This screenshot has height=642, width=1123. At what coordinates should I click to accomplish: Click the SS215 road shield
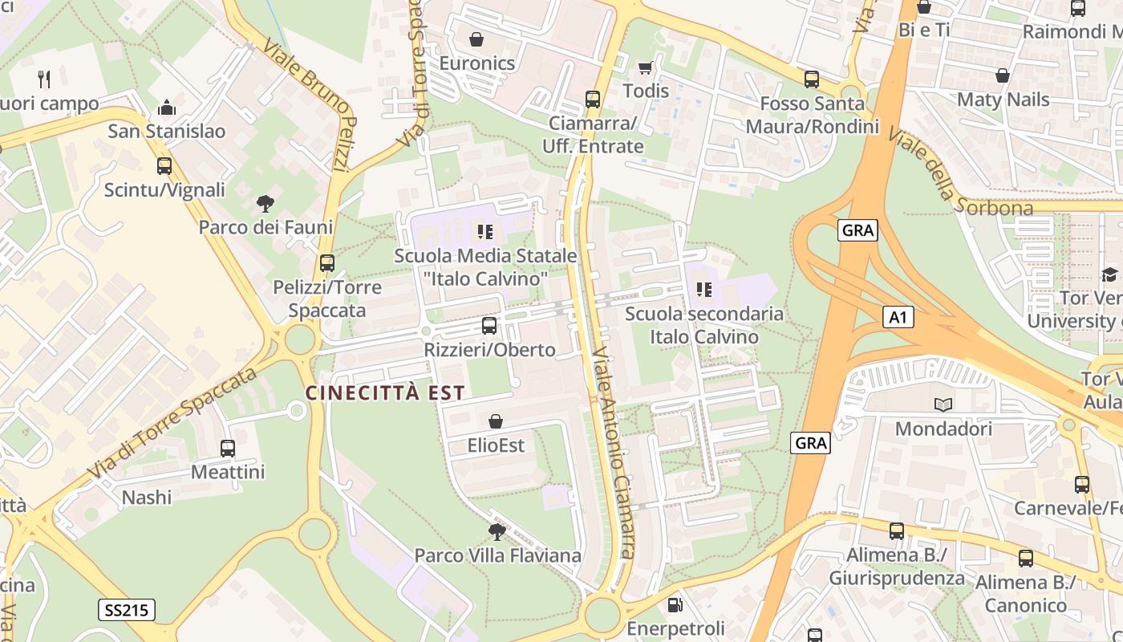[128, 610]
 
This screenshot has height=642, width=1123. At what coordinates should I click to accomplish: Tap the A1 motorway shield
[898, 317]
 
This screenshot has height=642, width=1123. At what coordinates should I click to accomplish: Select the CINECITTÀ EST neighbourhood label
[385, 392]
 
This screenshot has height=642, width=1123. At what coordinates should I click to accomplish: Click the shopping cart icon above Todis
[645, 68]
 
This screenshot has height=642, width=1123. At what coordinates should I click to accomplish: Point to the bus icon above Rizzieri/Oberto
[489, 326]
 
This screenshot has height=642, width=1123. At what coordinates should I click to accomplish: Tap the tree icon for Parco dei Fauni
[265, 204]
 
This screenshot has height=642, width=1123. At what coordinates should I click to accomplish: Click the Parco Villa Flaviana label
[497, 555]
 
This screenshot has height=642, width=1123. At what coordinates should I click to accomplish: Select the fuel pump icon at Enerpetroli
[675, 604]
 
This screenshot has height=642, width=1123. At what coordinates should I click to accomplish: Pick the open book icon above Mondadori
[943, 405]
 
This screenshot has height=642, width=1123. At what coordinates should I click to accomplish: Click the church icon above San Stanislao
[167, 108]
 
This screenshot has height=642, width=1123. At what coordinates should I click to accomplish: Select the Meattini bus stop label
[228, 472]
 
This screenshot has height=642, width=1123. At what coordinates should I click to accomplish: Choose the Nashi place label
[147, 498]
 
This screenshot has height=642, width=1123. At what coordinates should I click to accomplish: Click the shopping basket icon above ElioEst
[496, 421]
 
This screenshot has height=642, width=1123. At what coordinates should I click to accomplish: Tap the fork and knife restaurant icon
[44, 79]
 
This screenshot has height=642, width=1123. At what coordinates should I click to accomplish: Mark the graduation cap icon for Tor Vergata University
[1109, 275]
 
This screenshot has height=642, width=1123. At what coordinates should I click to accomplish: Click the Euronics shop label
[476, 63]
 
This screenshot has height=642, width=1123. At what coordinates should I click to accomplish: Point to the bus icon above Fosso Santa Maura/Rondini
[812, 79]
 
